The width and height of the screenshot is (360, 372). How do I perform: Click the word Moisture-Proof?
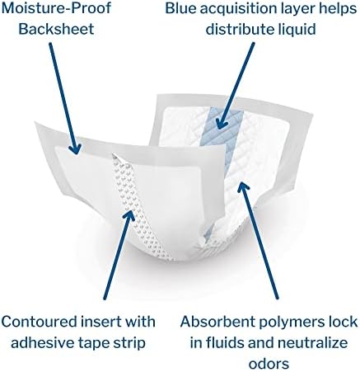click(56, 7)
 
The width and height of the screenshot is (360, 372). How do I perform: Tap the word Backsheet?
click(56, 29)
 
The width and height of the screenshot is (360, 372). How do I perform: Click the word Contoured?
click(40, 322)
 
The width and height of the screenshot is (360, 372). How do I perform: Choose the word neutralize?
click(312, 342)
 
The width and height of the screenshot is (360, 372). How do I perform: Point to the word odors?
click(269, 364)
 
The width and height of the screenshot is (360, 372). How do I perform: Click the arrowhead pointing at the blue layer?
click(222, 122)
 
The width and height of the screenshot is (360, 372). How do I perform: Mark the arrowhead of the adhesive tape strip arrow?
click(129, 215)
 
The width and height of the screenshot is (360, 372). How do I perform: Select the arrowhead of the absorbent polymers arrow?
click(242, 188)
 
